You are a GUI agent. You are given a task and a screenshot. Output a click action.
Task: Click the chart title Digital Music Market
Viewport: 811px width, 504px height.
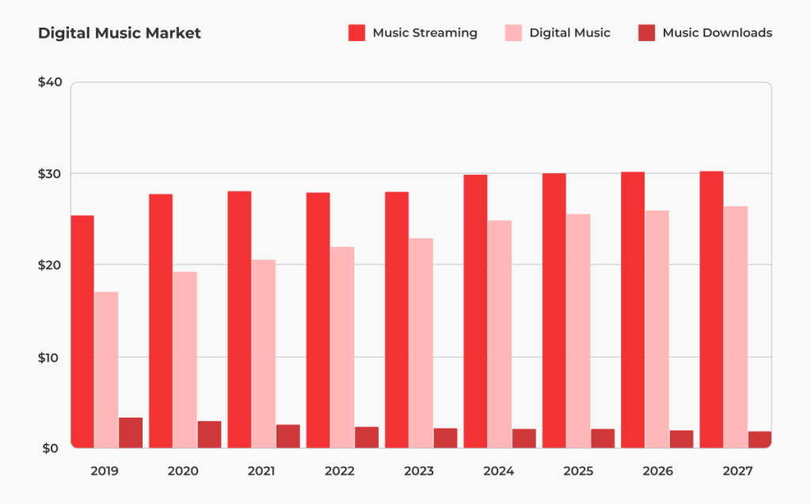click(x=120, y=33)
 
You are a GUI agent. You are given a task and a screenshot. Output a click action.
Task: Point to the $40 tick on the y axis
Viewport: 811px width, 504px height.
click(x=49, y=82)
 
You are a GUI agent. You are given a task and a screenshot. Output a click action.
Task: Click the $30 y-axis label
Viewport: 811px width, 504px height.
click(x=49, y=173)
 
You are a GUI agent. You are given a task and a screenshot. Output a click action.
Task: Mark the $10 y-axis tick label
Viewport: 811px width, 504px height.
click(x=49, y=357)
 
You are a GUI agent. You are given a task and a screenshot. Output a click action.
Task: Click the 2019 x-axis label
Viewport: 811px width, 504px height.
click(x=105, y=472)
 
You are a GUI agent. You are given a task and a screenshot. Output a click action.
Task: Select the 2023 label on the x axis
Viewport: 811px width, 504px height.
click(x=419, y=472)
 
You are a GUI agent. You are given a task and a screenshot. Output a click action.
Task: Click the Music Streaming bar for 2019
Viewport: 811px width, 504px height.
click(x=82, y=332)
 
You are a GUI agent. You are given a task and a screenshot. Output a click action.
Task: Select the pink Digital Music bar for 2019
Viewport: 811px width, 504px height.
click(x=106, y=369)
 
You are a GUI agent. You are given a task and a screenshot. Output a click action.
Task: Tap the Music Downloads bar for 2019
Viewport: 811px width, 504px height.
click(x=131, y=433)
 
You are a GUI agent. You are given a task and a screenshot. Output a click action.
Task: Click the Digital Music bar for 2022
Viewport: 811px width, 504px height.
click(x=342, y=347)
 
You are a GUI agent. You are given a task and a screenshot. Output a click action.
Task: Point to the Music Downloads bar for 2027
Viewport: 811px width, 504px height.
click(x=760, y=439)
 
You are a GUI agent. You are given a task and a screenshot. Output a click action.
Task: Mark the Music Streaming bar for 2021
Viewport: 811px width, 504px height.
click(x=239, y=320)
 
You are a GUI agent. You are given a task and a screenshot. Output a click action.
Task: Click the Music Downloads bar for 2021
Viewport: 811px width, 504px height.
click(x=287, y=436)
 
